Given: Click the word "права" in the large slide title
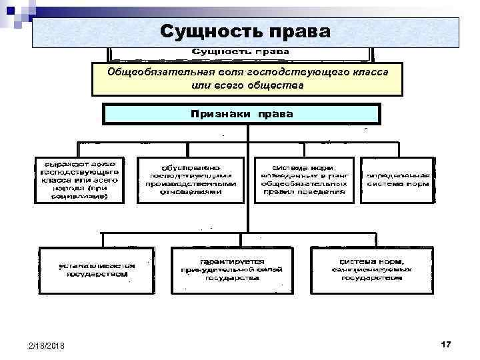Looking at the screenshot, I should pyautogui.click(x=298, y=31).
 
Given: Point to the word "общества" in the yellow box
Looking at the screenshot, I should pyautogui.click(x=275, y=86).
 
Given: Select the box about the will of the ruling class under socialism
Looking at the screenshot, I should pyautogui.click(x=78, y=180).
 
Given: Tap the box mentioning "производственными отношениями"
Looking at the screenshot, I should pyautogui.click(x=190, y=180).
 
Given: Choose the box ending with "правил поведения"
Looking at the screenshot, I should pyautogui.click(x=303, y=180).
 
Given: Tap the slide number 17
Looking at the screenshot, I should pyautogui.click(x=446, y=343).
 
